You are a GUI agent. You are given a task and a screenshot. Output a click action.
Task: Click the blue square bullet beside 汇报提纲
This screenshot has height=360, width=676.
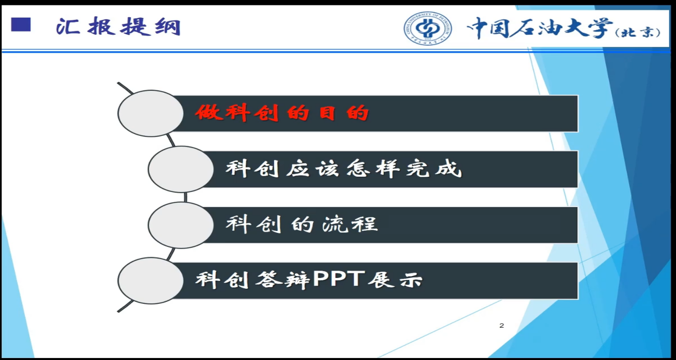click(21, 24)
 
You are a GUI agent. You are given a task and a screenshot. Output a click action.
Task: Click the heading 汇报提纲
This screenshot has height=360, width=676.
click(118, 27)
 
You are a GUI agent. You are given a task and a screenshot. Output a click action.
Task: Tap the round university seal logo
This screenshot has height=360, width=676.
click(428, 28)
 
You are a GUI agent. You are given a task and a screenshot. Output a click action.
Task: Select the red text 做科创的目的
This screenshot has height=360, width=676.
click(282, 113)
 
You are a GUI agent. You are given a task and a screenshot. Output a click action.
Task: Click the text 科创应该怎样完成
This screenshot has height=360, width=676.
click(344, 169)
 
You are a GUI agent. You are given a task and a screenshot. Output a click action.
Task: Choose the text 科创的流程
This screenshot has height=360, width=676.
click(302, 224)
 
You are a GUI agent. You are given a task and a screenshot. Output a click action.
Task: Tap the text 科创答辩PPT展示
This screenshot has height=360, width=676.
click(309, 280)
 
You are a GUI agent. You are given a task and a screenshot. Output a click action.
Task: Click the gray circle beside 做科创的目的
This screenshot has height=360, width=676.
click(150, 113)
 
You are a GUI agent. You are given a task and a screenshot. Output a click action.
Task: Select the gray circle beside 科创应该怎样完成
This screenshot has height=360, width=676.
click(181, 169)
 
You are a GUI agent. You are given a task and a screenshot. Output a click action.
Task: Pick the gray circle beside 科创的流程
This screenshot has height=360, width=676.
click(181, 225)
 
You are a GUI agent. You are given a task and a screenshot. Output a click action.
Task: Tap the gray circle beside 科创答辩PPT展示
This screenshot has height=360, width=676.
click(150, 281)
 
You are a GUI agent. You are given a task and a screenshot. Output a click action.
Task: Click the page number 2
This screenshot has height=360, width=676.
click(502, 326)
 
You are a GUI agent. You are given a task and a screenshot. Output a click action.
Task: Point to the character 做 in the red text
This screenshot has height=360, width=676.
click(208, 112)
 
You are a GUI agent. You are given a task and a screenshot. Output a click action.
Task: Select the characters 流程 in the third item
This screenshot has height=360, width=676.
click(350, 224)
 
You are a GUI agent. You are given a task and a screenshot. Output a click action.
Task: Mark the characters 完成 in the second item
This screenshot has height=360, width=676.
click(434, 169)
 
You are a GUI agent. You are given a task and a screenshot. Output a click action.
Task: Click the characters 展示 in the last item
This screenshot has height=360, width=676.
click(395, 280)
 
